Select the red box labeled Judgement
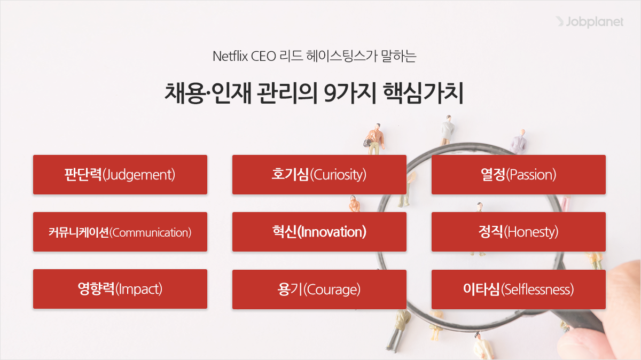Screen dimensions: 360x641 coord(120,175)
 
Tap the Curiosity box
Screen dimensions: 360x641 coord(319,175)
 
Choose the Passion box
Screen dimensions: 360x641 coord(519,175)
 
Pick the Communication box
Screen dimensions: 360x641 coord(120,232)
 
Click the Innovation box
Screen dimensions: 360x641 coord(319,232)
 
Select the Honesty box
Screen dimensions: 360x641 coord(519,232)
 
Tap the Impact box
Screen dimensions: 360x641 coord(120,289)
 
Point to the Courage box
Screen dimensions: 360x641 coord(319,289)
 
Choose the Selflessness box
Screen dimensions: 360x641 coord(519,289)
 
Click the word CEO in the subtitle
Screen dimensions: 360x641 coord(263,56)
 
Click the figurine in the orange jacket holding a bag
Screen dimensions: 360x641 coord(375,138)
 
